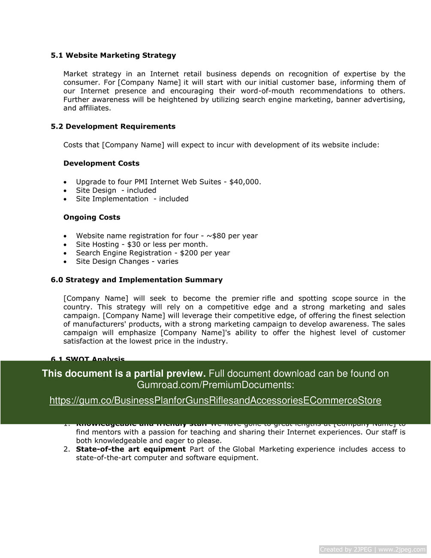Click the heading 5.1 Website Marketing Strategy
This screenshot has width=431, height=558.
coord(113,55)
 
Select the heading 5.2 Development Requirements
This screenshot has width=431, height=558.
coord(113,127)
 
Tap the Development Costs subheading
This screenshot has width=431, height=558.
coord(101,163)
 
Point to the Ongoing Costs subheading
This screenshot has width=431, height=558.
coord(92,217)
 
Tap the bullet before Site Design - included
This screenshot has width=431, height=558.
coord(65,191)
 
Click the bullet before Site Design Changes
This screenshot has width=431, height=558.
coord(65,262)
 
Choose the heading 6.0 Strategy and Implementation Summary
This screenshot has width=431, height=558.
coord(136,280)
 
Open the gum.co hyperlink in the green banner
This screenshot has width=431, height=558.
coord(215,401)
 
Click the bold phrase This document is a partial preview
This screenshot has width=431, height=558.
coord(124,374)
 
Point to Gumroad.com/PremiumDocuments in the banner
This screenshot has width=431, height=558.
coord(215,385)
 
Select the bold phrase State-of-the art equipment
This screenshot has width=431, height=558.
coord(131,449)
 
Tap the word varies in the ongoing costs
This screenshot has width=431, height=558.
coord(168,262)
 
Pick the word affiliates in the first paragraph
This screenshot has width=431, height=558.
coord(94,108)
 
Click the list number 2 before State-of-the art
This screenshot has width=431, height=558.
coord(66,449)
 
